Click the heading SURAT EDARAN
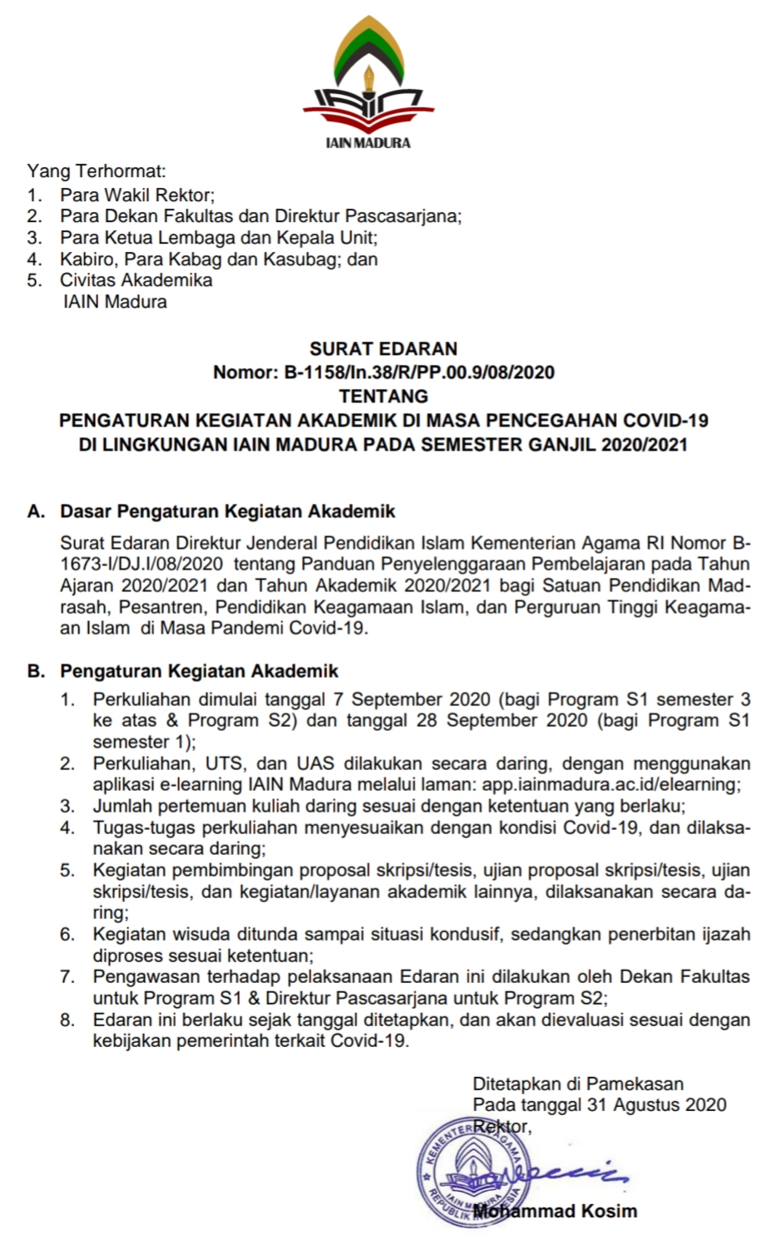tap(383, 348)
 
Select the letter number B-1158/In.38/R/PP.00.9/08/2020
tap(419, 372)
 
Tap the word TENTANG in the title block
tap(383, 396)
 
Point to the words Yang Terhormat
tap(96, 172)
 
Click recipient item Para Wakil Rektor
tap(137, 195)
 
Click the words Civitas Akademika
tap(136, 280)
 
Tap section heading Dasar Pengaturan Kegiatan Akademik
tap(228, 511)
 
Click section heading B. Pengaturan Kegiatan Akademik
tap(183, 670)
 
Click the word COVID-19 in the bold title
tap(665, 420)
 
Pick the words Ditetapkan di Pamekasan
tap(578, 1084)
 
